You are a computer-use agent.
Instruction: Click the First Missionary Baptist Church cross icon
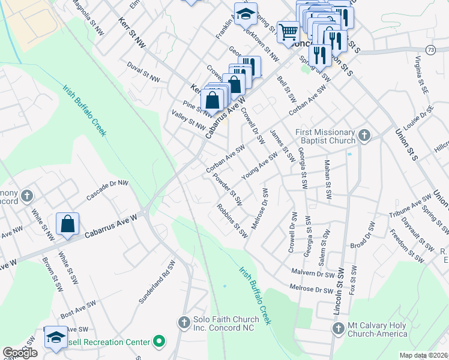(364, 136)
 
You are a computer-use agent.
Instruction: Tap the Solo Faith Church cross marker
(184, 323)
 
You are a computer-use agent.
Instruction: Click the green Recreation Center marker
(159, 341)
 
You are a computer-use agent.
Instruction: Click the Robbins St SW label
(233, 221)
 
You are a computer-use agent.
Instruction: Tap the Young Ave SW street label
(259, 165)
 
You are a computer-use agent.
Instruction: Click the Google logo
(20, 353)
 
